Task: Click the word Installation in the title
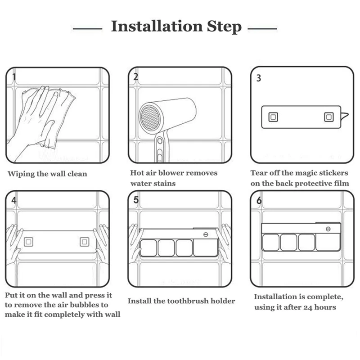pos(157,26)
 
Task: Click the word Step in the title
pos(224,27)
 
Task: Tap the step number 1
pos(14,77)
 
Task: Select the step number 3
pos(259,78)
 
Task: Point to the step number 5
pos(136,200)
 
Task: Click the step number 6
pos(259,200)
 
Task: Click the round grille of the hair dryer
pos(150,117)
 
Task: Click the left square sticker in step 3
pos(273,117)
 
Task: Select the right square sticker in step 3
pos(329,117)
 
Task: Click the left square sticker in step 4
pos(28,242)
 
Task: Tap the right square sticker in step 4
pos(85,242)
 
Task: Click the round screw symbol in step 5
pos(206,234)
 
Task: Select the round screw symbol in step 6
pos(328,229)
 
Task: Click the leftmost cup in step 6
pos(271,242)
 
